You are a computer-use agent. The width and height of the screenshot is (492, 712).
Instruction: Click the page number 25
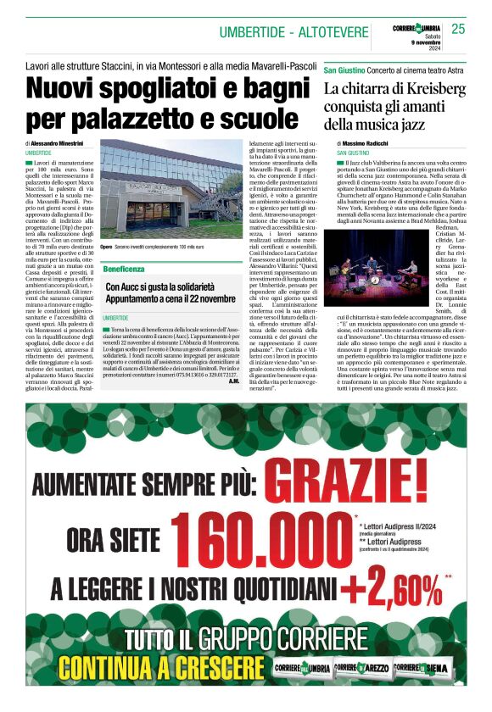pos(459,29)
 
